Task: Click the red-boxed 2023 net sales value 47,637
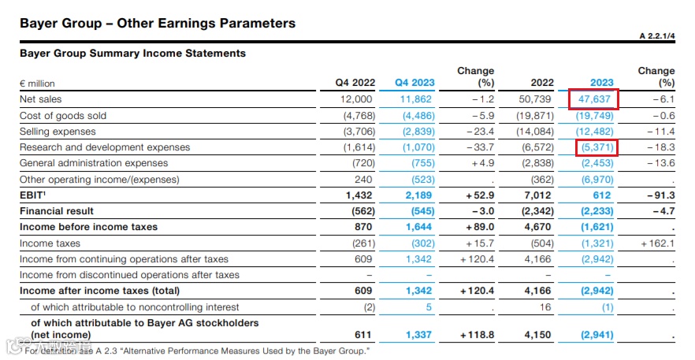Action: coord(593,100)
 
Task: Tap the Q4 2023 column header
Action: coord(415,83)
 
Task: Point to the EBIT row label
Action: coord(33,195)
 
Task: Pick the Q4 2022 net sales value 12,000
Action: coord(355,100)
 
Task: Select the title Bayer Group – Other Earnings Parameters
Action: coord(158,23)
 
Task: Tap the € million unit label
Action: coord(38,84)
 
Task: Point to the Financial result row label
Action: coord(57,211)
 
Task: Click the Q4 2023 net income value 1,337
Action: coord(419,335)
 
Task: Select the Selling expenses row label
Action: coord(58,132)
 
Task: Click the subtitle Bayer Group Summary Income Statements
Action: coord(132,54)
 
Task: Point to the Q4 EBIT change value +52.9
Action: coord(477,195)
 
